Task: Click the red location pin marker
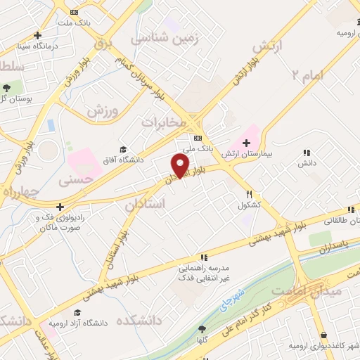point(181,165)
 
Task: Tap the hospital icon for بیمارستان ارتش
point(246,143)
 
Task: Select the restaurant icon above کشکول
point(249,194)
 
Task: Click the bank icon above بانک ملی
point(198,139)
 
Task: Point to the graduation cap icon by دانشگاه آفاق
point(124,149)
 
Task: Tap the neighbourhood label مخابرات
point(164,122)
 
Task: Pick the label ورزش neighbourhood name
point(101,110)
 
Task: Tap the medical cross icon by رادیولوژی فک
point(60,207)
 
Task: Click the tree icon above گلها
point(202,328)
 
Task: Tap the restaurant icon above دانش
point(306,153)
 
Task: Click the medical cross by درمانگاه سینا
point(38,34)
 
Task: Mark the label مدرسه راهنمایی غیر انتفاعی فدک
point(204,274)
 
